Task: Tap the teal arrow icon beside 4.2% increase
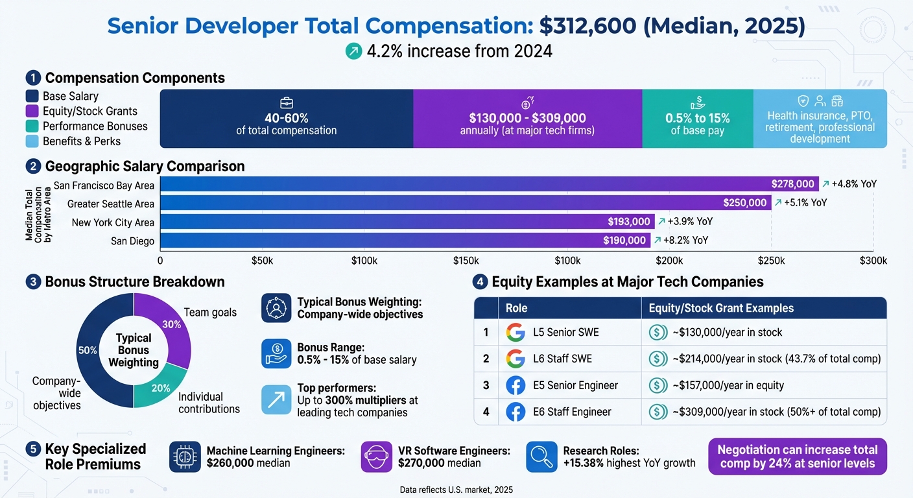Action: [353, 51]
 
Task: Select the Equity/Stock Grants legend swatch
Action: [33, 111]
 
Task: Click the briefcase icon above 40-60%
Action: [286, 103]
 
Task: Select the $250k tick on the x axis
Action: [771, 261]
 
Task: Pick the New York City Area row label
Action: [113, 222]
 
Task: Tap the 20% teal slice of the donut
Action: [160, 386]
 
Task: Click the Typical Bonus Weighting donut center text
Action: [134, 350]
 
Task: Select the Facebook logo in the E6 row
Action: [516, 412]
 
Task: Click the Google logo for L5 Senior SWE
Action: [516, 333]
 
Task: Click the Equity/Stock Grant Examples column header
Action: [721, 308]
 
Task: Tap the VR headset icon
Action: [377, 457]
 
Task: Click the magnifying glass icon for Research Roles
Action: [541, 457]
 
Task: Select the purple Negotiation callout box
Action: [798, 456]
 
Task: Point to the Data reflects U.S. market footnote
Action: [456, 490]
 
